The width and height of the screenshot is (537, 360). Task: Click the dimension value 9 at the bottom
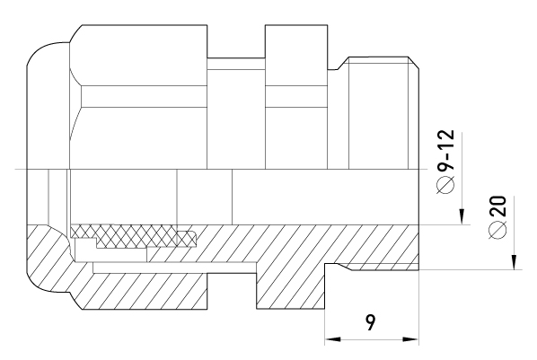pos(370,322)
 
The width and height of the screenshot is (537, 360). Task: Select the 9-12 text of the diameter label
pos(446,150)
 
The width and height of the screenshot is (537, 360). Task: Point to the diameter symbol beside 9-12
pos(446,185)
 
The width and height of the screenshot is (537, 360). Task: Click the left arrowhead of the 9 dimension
pos(332,339)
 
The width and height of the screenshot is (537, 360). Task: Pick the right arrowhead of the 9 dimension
pos(410,339)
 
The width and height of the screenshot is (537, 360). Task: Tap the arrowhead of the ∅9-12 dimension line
pos(462,216)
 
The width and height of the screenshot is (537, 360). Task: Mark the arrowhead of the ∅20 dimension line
pos(514,261)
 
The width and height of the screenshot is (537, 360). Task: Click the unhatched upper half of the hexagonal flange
pos(296,97)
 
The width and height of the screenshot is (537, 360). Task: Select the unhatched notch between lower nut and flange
pos(232,291)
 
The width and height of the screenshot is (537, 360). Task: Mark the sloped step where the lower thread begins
pos(343,267)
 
